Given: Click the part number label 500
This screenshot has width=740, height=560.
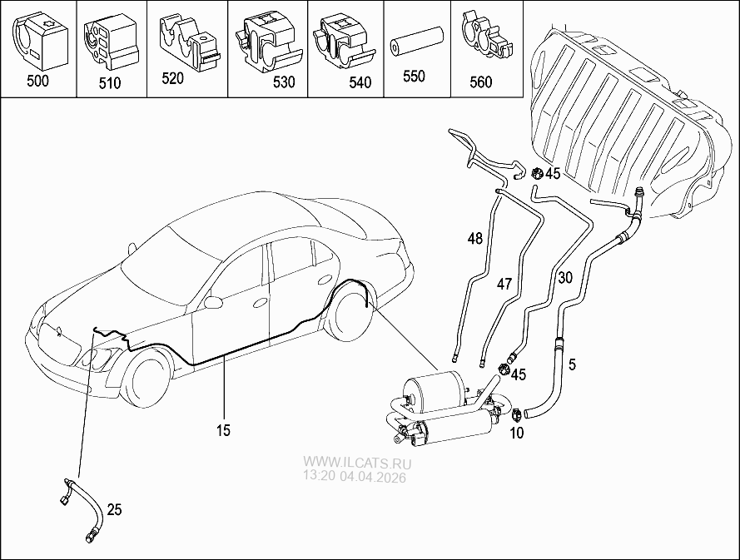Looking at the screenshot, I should [x=37, y=81].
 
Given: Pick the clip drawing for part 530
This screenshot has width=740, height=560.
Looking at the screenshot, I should [x=264, y=41].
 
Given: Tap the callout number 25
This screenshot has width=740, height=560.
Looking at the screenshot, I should [x=115, y=509].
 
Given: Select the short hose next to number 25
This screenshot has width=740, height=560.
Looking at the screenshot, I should [x=84, y=508].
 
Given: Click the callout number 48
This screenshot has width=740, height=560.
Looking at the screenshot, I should [x=474, y=239].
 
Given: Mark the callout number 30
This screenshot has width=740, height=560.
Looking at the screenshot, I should [x=566, y=278].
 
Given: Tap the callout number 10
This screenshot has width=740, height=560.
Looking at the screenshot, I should [x=515, y=433].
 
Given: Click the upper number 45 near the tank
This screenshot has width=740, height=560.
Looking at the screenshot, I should [x=553, y=174].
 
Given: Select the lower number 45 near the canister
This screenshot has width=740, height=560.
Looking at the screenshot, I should [x=518, y=374].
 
